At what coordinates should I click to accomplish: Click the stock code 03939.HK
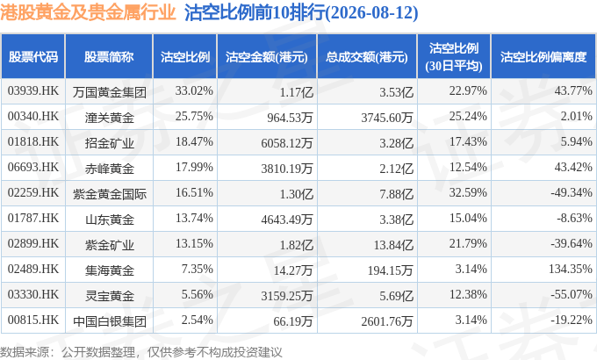[x=33, y=91]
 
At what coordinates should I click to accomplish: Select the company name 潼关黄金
[x=109, y=118]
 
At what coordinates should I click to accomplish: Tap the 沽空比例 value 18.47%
[x=194, y=141]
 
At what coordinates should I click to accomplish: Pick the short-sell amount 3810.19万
[x=287, y=169]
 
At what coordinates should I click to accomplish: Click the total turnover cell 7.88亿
[x=396, y=194]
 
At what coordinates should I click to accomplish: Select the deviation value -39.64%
[x=572, y=243]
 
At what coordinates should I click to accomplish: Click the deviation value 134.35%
[x=571, y=269]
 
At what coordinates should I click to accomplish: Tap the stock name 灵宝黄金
[x=109, y=296]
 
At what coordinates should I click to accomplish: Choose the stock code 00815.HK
[x=33, y=320]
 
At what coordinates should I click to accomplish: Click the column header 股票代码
[x=33, y=57]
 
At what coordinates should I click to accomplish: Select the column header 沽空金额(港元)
[x=267, y=57]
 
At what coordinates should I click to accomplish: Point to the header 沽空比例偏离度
[x=543, y=57]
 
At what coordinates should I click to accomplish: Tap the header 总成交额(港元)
[x=367, y=57]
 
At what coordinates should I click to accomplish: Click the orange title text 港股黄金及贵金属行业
[x=88, y=12]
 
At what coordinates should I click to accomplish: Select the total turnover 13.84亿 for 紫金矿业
[x=393, y=245]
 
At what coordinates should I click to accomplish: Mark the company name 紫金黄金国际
[x=109, y=194]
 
